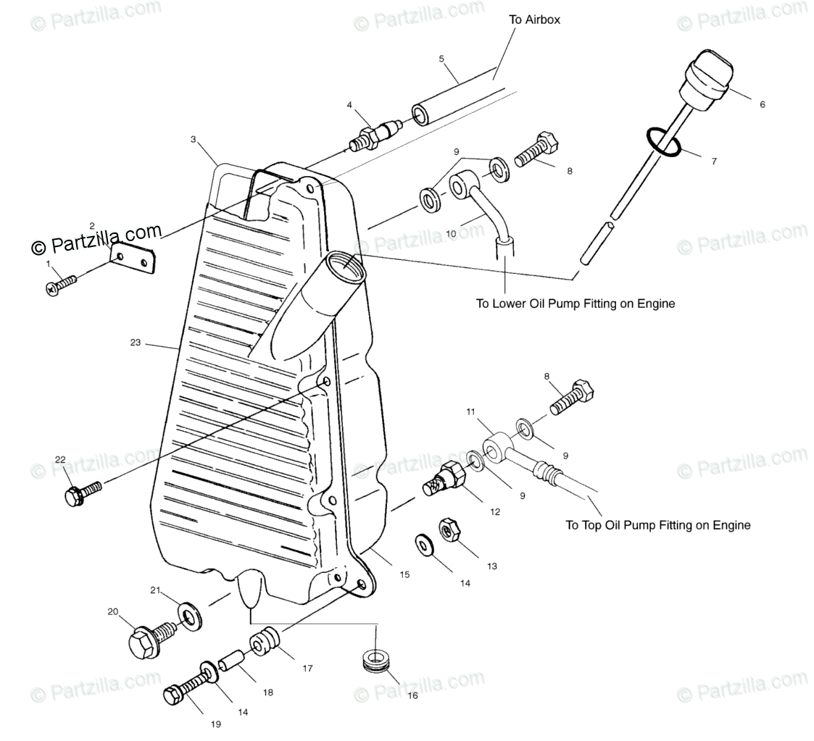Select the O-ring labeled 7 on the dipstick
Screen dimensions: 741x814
pyautogui.click(x=663, y=142)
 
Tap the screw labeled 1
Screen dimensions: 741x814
pyautogui.click(x=61, y=283)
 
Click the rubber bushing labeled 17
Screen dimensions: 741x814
pyautogui.click(x=265, y=641)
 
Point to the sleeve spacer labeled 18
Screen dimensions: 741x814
pyautogui.click(x=231, y=662)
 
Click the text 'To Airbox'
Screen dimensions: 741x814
pyautogui.click(x=534, y=20)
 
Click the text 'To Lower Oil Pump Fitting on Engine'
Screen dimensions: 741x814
pyautogui.click(x=575, y=303)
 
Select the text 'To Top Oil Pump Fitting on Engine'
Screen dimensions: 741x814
pyautogui.click(x=657, y=525)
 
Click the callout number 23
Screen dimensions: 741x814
pyautogui.click(x=136, y=343)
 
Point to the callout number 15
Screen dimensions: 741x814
pyautogui.click(x=404, y=574)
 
